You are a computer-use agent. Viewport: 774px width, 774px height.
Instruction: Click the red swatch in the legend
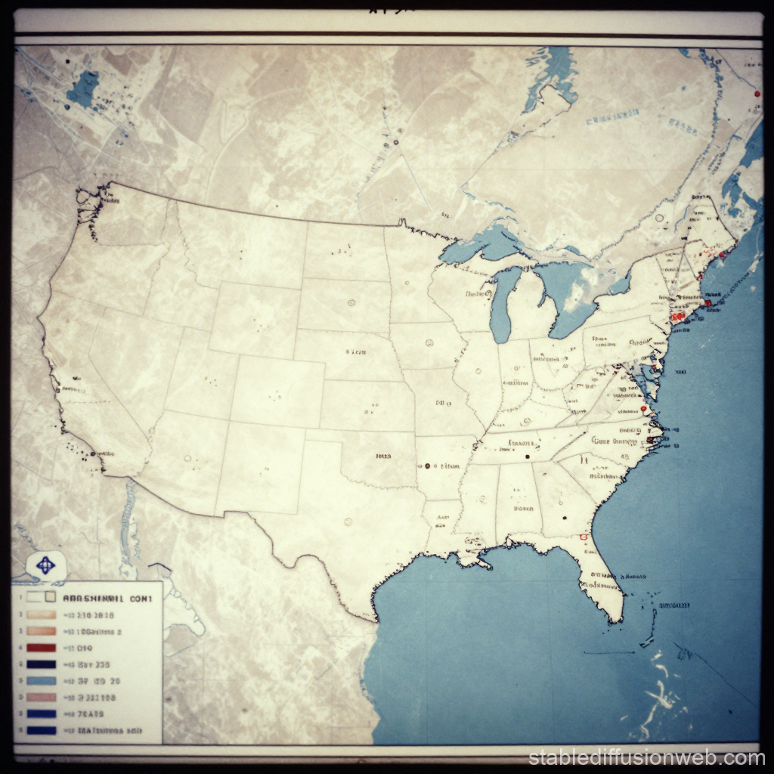click(42, 648)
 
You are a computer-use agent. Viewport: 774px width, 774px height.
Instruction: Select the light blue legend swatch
click(42, 681)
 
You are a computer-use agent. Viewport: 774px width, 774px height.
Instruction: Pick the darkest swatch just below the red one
click(42, 664)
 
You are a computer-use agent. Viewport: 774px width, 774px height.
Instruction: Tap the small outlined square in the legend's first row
click(50, 597)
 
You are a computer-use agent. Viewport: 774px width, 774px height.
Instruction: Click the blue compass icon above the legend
click(45, 565)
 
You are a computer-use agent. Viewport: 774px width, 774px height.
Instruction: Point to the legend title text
click(107, 598)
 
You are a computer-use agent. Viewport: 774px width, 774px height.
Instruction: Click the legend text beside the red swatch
click(80, 649)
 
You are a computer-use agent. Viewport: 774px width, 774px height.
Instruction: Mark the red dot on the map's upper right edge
click(756, 94)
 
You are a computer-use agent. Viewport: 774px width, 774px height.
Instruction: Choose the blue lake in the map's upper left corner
click(83, 89)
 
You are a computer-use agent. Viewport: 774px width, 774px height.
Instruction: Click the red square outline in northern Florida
click(583, 537)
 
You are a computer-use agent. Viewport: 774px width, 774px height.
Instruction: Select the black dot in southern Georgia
click(564, 519)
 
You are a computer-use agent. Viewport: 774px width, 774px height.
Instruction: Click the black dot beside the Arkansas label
click(428, 466)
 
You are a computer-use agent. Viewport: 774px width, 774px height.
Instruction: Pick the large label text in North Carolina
click(614, 440)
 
